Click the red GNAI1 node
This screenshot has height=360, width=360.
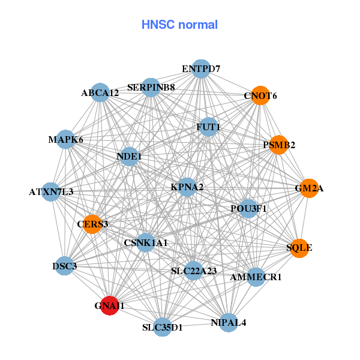click(x=109, y=305)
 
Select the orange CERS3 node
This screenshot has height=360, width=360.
click(x=92, y=224)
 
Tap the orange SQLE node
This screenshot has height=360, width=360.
click(x=299, y=247)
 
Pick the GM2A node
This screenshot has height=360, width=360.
click(x=308, y=188)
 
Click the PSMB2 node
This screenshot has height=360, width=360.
click(x=278, y=145)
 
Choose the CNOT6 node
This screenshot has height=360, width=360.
click(x=260, y=95)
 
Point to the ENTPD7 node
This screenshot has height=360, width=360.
click(x=201, y=69)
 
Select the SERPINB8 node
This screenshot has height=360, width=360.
click(x=151, y=88)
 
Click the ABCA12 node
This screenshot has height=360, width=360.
click(x=101, y=93)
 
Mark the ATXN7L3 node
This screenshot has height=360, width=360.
click(x=52, y=192)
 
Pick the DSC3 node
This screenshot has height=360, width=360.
click(x=64, y=265)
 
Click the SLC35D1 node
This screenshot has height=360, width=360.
click(x=162, y=327)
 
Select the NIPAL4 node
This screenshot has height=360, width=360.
click(x=229, y=322)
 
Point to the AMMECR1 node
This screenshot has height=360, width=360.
click(x=256, y=277)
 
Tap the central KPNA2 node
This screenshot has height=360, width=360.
click(x=187, y=187)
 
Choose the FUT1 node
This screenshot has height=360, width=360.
click(x=208, y=127)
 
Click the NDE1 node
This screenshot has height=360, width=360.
click(x=129, y=157)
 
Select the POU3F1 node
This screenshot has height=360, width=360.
click(x=248, y=208)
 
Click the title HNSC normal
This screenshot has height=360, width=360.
click(x=179, y=25)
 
